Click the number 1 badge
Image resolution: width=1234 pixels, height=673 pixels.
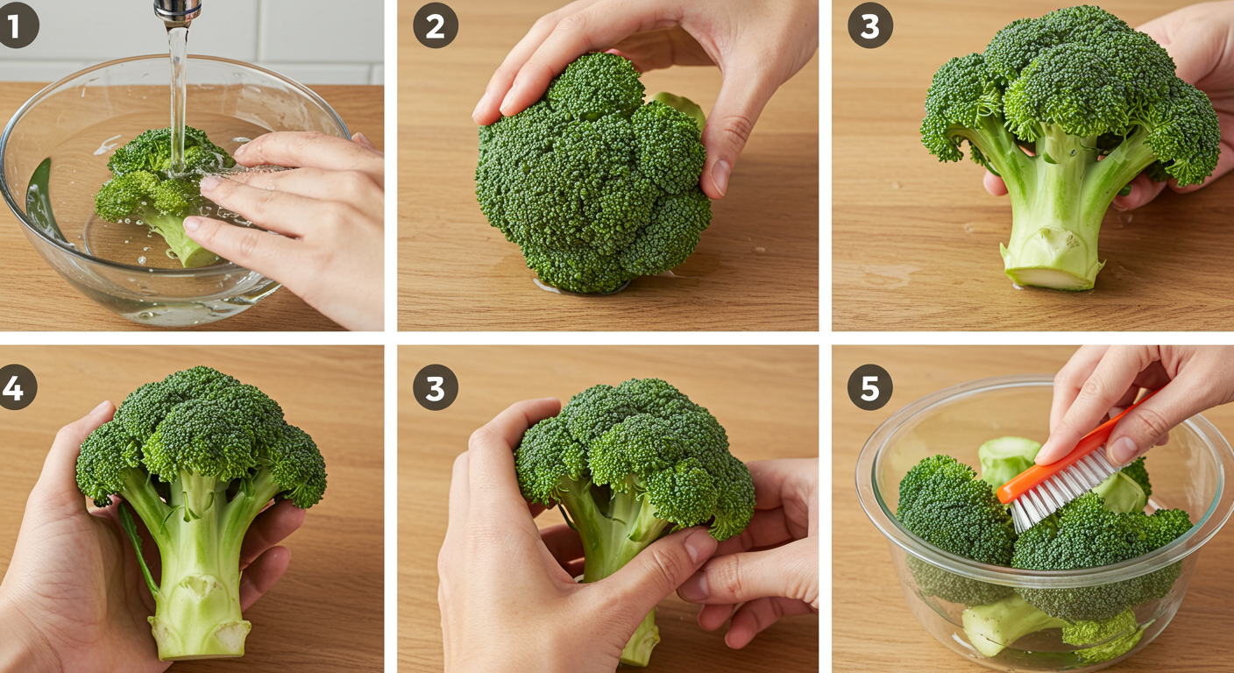click(x=17, y=25)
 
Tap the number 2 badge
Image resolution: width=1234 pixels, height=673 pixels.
click(x=436, y=25)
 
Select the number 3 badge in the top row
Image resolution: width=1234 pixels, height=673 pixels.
click(x=870, y=25)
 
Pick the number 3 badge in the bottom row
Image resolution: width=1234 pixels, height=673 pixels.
click(x=436, y=387)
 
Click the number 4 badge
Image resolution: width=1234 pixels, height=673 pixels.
click(x=16, y=387)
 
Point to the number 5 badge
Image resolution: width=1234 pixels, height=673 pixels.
click(x=870, y=387)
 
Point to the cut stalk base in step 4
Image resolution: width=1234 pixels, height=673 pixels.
click(x=200, y=639)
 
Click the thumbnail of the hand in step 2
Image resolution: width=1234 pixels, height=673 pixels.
click(x=720, y=175)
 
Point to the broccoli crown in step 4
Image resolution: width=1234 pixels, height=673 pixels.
click(x=202, y=435)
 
